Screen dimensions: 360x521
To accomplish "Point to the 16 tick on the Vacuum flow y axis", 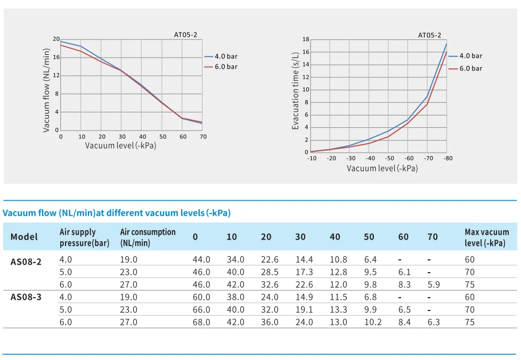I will [56, 57].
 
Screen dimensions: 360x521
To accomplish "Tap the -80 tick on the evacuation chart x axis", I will [448, 158].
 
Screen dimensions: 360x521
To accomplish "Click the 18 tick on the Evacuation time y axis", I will [306, 39].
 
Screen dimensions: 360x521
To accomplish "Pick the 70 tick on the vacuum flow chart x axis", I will [203, 137].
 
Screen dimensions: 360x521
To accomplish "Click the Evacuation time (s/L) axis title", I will [296, 91].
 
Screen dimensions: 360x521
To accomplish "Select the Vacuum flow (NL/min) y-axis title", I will [46, 91].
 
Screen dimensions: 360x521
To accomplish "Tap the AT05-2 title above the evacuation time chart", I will [429, 35].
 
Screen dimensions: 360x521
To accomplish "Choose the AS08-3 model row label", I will [26, 297].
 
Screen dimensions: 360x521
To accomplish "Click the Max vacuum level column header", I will [486, 237].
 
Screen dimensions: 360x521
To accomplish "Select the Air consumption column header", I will [148, 237].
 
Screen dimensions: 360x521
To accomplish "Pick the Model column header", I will [25, 237].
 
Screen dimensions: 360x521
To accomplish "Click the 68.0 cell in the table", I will [201, 322].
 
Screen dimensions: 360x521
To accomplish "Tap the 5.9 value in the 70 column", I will [434, 285].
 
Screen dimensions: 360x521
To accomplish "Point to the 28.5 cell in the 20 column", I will [270, 272].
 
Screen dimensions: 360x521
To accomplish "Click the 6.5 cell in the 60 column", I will [404, 309].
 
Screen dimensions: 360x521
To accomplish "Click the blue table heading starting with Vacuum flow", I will [117, 213].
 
